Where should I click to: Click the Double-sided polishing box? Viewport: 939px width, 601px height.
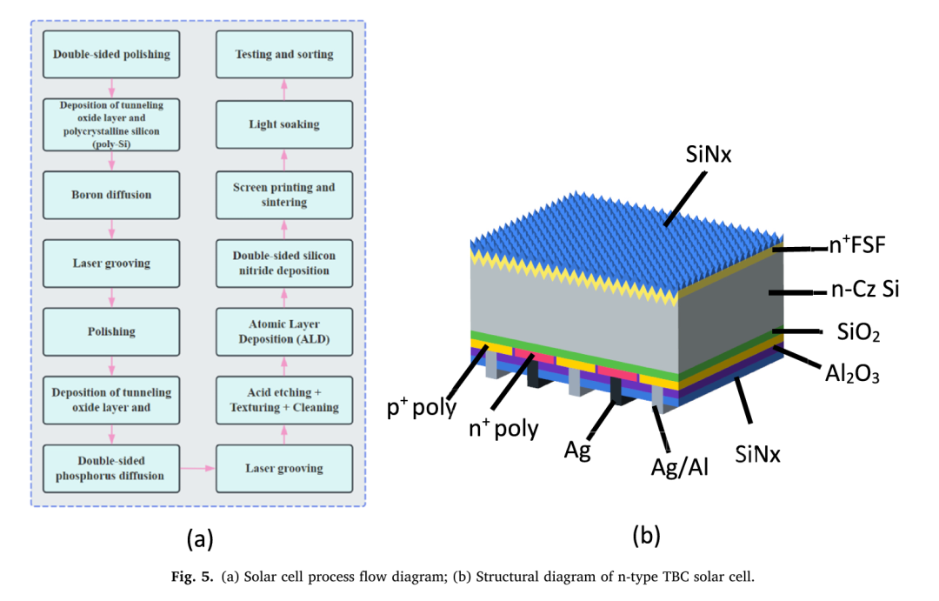point(111,54)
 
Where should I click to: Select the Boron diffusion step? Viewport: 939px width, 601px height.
point(111,195)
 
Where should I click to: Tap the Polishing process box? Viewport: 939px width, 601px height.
point(111,331)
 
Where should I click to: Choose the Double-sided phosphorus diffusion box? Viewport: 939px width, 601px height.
point(111,468)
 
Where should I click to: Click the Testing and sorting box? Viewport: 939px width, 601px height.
point(284,54)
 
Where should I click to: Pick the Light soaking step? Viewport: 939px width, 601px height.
point(284,124)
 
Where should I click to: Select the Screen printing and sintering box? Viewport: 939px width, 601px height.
point(284,195)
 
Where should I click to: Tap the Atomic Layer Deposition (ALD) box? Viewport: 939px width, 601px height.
point(284,331)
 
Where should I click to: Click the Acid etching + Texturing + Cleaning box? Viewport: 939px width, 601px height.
point(284,400)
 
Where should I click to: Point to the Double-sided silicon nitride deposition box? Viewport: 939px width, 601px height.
point(284,262)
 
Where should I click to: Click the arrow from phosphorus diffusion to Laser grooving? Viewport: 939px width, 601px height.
point(198,469)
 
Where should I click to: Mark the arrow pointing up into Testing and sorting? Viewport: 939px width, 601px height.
point(284,88)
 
